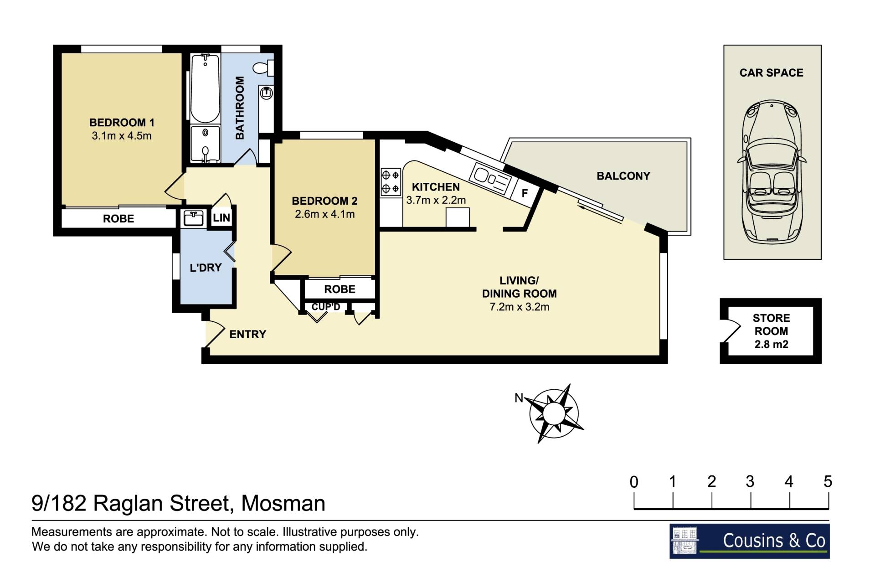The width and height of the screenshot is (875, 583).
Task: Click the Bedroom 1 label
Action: click(x=122, y=123)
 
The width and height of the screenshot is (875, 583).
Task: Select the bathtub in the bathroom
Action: click(x=205, y=88)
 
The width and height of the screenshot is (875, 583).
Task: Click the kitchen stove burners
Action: click(x=390, y=181)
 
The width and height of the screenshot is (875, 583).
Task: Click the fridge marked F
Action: click(x=525, y=193)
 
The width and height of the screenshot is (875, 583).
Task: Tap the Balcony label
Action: click(x=623, y=176)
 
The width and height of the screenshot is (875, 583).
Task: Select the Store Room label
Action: click(x=771, y=325)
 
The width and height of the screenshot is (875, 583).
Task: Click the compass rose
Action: click(x=554, y=413)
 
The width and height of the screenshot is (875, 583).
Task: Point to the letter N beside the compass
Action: click(x=519, y=398)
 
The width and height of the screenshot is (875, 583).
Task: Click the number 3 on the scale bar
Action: click(x=750, y=481)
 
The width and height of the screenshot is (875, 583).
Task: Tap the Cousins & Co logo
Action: click(x=749, y=541)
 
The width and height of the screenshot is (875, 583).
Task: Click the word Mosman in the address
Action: click(x=283, y=504)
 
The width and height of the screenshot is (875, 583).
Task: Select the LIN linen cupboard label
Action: click(x=221, y=218)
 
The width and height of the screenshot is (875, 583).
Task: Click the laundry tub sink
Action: click(x=194, y=218)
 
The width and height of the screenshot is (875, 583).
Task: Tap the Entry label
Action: click(x=247, y=335)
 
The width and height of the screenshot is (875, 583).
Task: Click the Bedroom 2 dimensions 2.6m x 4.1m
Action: click(x=324, y=214)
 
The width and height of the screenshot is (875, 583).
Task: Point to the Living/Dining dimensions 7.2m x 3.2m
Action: click(x=520, y=307)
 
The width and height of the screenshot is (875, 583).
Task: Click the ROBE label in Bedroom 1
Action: click(x=118, y=219)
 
